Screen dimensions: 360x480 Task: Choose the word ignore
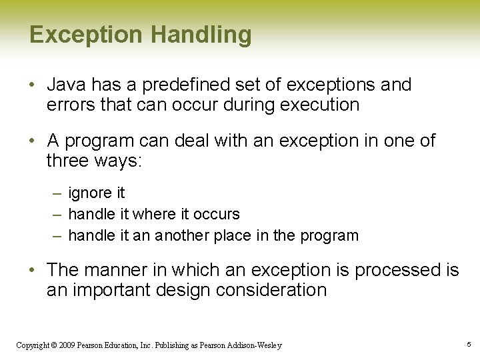coord(91,193)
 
